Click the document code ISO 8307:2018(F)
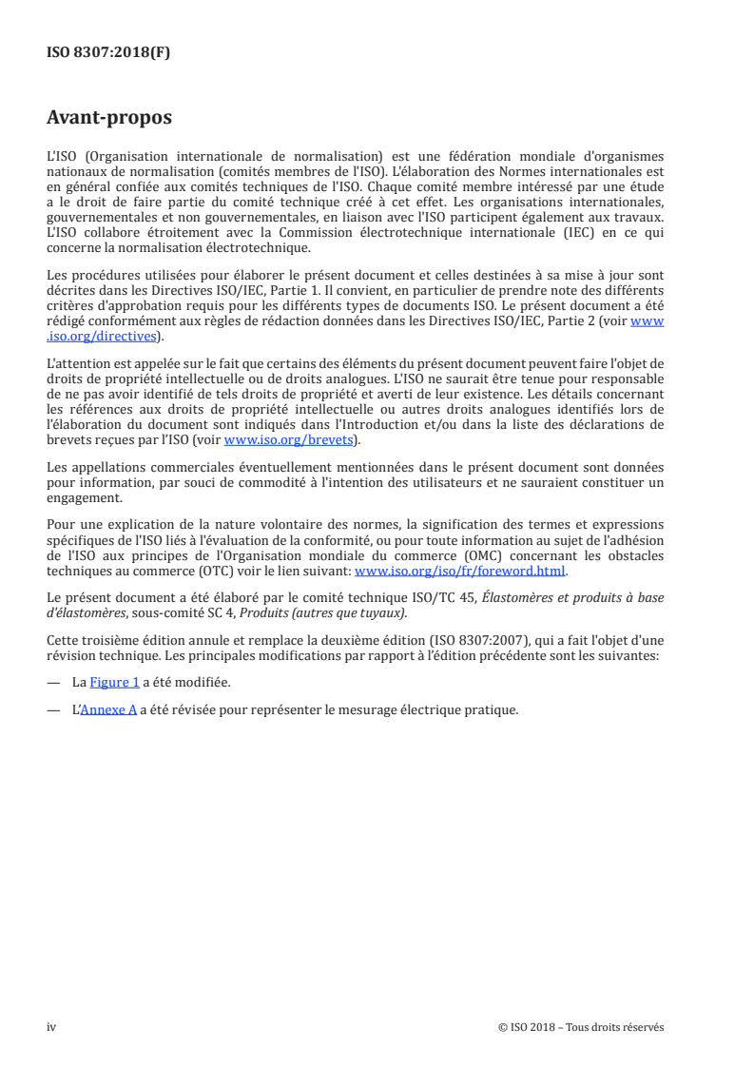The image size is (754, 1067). [x=108, y=53]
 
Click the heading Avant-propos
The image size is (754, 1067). [x=109, y=118]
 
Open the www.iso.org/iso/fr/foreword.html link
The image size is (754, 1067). [x=460, y=571]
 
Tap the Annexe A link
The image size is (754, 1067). [x=107, y=709]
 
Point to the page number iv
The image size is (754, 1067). [x=52, y=1027]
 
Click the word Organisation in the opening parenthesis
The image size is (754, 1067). [x=133, y=154]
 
